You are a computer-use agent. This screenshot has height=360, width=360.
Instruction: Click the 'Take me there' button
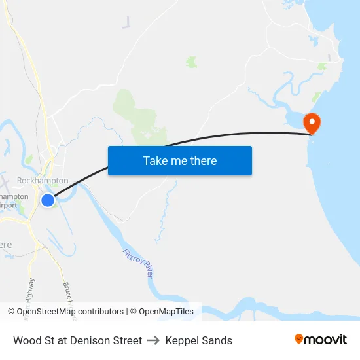179,160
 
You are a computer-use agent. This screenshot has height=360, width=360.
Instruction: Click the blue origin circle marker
48,200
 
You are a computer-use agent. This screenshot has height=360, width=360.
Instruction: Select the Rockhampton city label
43,180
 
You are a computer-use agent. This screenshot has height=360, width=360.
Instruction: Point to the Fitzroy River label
138,262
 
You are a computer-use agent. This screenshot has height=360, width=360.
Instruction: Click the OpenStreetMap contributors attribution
65,312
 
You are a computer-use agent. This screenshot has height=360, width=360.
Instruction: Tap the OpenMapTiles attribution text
166,312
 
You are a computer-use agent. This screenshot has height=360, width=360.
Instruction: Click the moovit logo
321,340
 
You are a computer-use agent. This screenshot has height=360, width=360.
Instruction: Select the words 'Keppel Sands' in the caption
199,340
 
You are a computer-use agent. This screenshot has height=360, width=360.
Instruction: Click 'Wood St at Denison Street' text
77,340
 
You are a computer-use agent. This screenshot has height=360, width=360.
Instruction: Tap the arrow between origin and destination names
154,340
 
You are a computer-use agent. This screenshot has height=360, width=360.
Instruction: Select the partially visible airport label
14,201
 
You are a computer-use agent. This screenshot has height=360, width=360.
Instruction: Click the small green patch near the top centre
191,62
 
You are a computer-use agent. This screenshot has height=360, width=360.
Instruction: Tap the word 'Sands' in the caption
217,340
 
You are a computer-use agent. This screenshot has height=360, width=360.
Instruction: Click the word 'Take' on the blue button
155,160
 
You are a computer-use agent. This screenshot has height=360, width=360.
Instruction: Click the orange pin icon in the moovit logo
299,339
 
